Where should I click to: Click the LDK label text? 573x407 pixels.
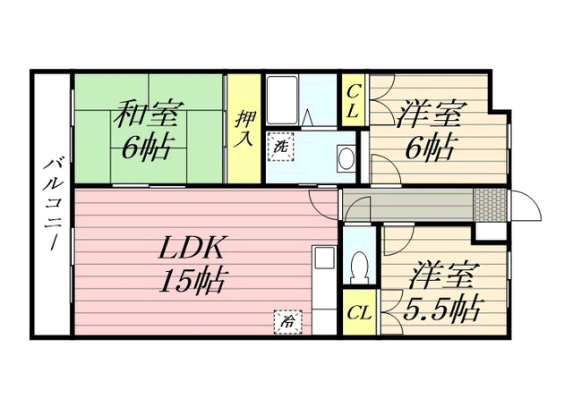(x=192, y=248)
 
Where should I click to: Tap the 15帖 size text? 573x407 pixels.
(x=192, y=281)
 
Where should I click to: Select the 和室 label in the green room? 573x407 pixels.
(x=145, y=114)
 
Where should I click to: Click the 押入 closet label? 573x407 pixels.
(x=244, y=129)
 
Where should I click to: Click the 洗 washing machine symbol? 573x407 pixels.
(x=281, y=147)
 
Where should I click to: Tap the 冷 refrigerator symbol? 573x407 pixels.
(x=288, y=322)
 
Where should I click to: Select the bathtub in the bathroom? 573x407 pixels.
(x=281, y=100)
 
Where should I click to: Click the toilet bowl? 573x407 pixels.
(x=359, y=267)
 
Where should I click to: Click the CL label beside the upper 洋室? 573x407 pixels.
(x=353, y=100)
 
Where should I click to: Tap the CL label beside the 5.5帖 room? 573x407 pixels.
(x=360, y=313)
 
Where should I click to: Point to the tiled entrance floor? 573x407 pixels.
(x=490, y=205)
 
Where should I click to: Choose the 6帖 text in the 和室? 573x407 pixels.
(x=146, y=148)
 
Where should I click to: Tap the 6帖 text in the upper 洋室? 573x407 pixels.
(x=431, y=148)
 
